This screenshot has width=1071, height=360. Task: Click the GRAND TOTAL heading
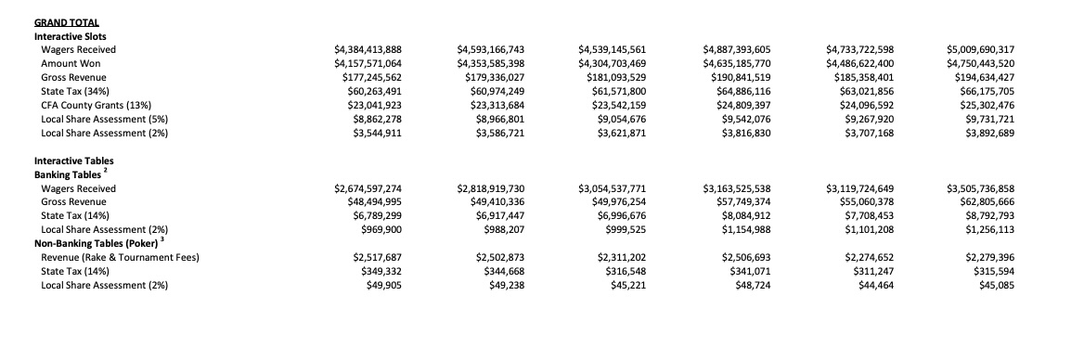(66, 21)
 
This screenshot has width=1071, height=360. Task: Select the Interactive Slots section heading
(71, 35)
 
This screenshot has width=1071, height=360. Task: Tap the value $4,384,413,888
(368, 49)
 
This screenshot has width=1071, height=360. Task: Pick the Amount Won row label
(64, 63)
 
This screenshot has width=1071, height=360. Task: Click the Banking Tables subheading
(68, 174)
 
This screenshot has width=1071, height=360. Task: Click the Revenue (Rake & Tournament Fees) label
(121, 257)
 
